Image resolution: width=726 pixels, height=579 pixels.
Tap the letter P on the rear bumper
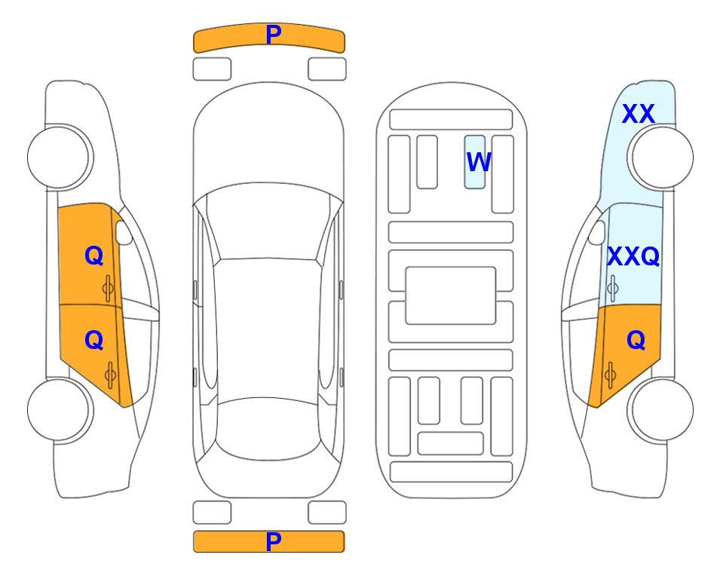tap(273, 541)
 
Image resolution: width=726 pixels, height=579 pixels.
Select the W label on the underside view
tap(478, 161)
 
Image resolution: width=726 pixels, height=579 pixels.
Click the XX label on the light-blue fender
tap(638, 114)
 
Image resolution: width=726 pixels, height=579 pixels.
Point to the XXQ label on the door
tap(633, 256)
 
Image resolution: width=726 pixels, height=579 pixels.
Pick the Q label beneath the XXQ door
tap(636, 340)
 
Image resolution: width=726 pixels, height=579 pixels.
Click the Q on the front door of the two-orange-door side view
tap(94, 256)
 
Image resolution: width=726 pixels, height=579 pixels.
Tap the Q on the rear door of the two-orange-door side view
tap(94, 340)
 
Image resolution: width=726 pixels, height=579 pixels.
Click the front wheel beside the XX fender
tap(660, 158)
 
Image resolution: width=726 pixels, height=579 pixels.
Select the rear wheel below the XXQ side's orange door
tap(660, 409)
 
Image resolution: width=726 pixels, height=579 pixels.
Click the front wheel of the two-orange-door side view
tap(60, 158)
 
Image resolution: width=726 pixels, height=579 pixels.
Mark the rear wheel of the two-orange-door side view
tap(60, 409)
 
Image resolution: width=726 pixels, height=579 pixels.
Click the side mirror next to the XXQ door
tap(596, 232)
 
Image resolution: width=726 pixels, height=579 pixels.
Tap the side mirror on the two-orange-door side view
tap(124, 232)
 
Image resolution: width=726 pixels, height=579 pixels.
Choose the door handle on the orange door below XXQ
tap(610, 375)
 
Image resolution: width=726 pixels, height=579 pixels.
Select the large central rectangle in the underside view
tap(451, 296)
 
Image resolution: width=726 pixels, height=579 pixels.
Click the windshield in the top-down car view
tap(268, 222)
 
